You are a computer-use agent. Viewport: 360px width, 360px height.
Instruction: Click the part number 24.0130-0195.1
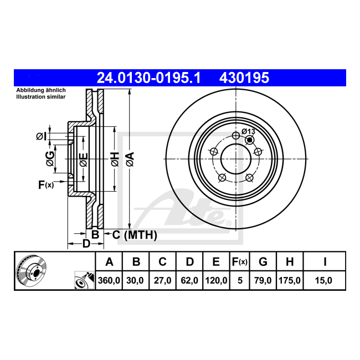(148, 78)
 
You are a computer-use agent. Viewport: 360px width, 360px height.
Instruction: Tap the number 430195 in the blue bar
(244, 78)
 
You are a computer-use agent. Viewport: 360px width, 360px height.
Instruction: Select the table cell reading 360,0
(109, 280)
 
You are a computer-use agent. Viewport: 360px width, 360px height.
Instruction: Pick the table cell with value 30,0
(135, 280)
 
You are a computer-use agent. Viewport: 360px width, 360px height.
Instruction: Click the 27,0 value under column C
(162, 280)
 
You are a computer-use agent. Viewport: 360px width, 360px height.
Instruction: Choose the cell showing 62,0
(189, 280)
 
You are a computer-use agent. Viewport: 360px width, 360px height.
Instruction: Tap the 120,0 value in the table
(216, 280)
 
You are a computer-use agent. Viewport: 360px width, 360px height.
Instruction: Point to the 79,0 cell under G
(263, 280)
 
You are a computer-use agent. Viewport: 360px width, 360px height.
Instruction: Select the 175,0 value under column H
(290, 280)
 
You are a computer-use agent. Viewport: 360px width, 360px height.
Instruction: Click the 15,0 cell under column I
(323, 280)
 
